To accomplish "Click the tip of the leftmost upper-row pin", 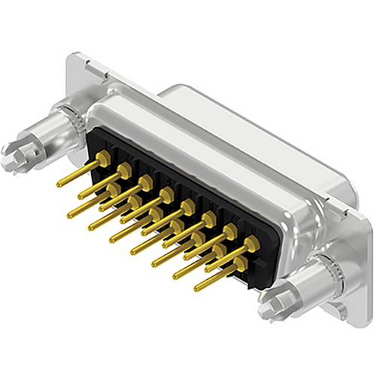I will coord(59,184).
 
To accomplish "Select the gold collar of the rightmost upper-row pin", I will coord(251,243).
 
